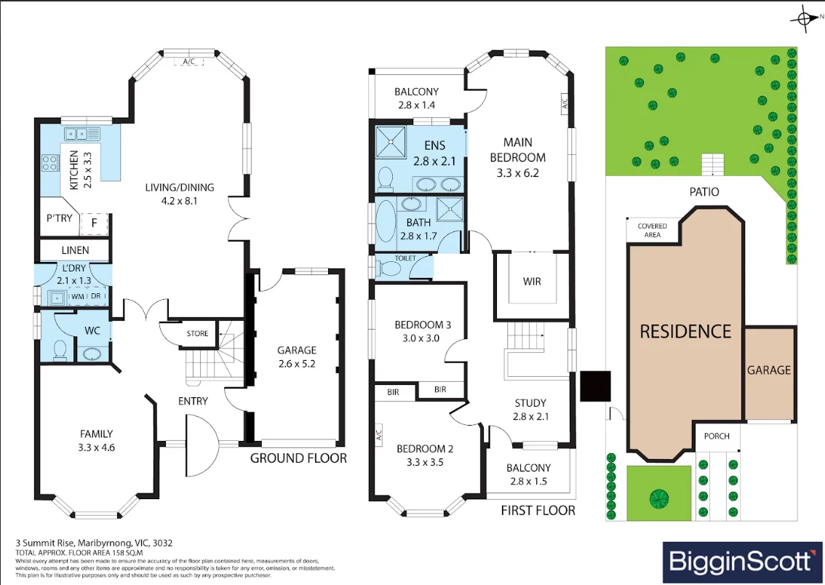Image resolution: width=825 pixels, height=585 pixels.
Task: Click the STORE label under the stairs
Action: (x=197, y=334)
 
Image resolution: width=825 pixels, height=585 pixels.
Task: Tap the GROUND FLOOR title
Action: (x=298, y=458)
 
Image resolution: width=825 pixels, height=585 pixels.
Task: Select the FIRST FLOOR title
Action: (x=538, y=511)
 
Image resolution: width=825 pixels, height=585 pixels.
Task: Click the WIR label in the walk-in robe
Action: (x=532, y=282)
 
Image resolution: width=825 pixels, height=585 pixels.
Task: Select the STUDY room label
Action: (x=530, y=402)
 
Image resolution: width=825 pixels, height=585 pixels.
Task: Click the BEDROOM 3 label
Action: (x=423, y=325)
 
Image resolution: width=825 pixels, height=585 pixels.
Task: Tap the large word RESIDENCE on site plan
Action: (x=685, y=332)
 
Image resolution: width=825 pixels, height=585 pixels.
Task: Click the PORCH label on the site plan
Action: (x=717, y=436)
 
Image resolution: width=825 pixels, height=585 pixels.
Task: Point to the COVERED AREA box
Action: (x=652, y=230)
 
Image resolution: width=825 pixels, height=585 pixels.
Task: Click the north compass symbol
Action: (x=805, y=18)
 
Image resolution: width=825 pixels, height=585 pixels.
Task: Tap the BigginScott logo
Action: (x=741, y=561)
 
